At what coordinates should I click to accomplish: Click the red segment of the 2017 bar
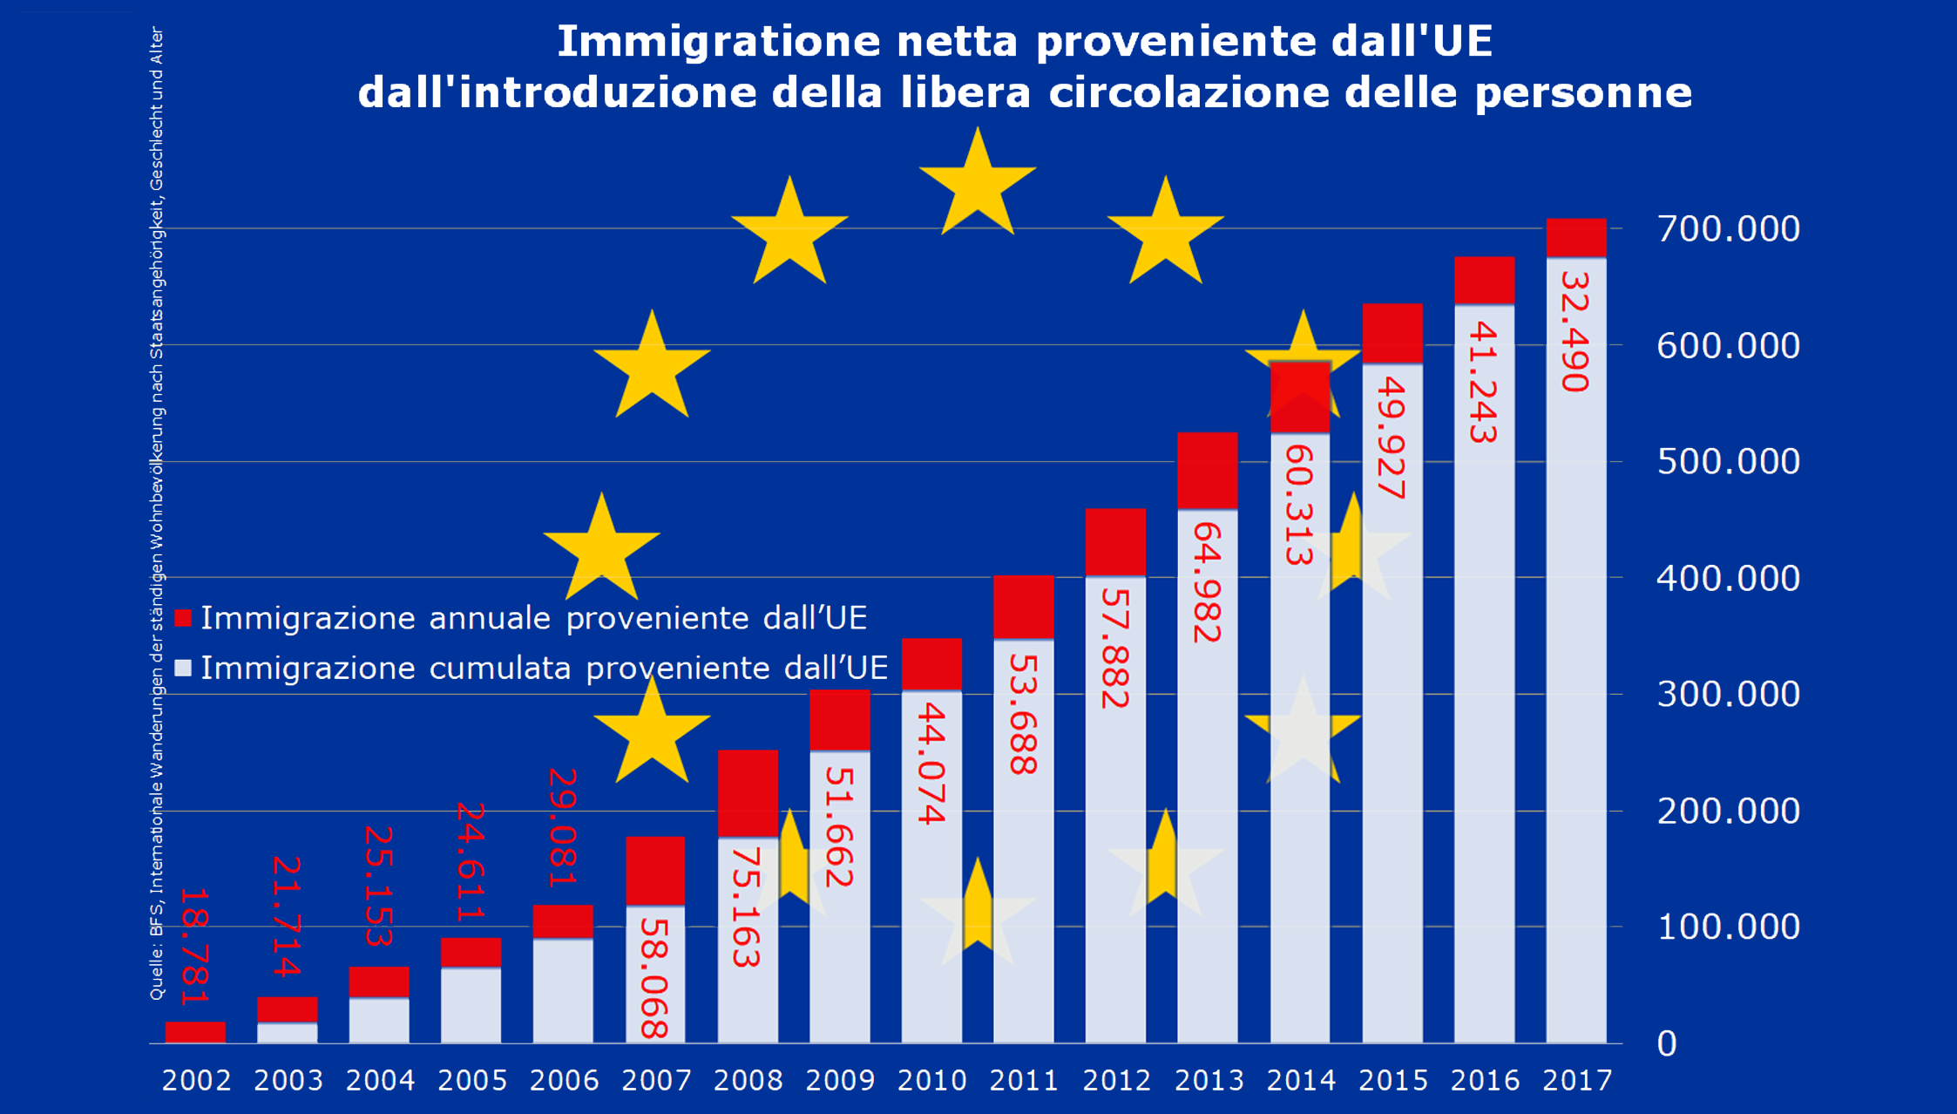pyautogui.click(x=1575, y=237)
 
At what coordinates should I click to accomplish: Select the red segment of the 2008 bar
pyautogui.click(x=747, y=793)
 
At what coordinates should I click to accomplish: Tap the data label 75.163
pyautogui.click(x=746, y=907)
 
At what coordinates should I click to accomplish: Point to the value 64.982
pyautogui.click(x=1207, y=583)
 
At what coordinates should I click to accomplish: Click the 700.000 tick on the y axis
pyautogui.click(x=1728, y=229)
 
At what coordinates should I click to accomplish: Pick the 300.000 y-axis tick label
pyautogui.click(x=1728, y=695)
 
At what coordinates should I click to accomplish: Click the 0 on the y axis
pyautogui.click(x=1666, y=1044)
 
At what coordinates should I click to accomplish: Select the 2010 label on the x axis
pyautogui.click(x=931, y=1081)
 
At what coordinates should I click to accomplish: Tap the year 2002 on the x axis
pyautogui.click(x=196, y=1081)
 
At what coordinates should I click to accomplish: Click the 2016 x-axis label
pyautogui.click(x=1484, y=1081)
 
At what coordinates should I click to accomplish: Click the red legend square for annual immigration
pyautogui.click(x=183, y=618)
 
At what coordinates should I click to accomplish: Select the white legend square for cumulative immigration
pyautogui.click(x=183, y=669)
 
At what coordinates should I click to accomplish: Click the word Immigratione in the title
pyautogui.click(x=719, y=41)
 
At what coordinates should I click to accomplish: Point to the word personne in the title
pyautogui.click(x=1583, y=92)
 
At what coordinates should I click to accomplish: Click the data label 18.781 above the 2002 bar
pyautogui.click(x=194, y=947)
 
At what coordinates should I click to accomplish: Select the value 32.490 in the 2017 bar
pyautogui.click(x=1575, y=331)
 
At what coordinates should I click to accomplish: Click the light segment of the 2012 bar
pyautogui.click(x=1114, y=811)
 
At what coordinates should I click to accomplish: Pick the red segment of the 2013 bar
pyautogui.click(x=1207, y=471)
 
